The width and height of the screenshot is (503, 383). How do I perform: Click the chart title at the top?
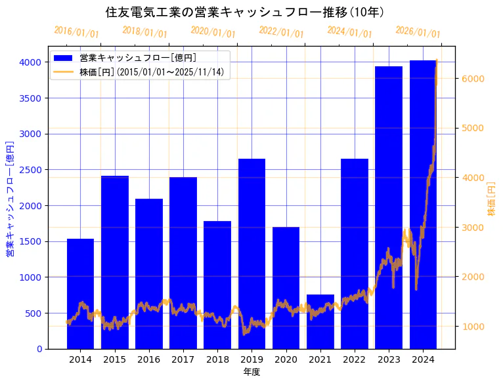pyautogui.click(x=244, y=12)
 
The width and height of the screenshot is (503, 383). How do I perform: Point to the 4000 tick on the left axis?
pyautogui.click(x=31, y=62)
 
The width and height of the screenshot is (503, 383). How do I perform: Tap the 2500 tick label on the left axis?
pyautogui.click(x=31, y=170)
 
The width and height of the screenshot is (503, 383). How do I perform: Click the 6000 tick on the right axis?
pyautogui.click(x=473, y=79)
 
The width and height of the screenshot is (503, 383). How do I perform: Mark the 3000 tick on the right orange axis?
pyautogui.click(x=473, y=228)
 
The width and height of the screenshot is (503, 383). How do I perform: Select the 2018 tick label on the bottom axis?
pyautogui.click(x=217, y=359)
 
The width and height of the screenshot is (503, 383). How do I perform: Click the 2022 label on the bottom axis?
pyautogui.click(x=354, y=359)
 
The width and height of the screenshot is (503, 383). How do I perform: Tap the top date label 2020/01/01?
pyautogui.click(x=213, y=32)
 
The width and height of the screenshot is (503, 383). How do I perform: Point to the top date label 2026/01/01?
pyautogui.click(x=418, y=32)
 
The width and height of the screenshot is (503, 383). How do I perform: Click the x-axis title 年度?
pyautogui.click(x=251, y=372)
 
